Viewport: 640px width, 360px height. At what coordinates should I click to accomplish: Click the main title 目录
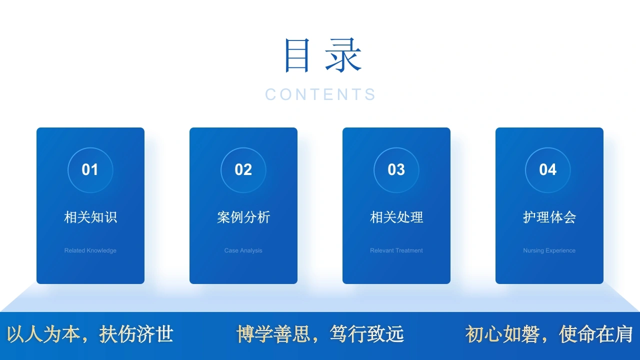click(x=323, y=55)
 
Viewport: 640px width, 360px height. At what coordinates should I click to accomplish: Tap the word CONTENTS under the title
click(x=320, y=94)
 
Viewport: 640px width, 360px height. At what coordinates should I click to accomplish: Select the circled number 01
click(x=90, y=169)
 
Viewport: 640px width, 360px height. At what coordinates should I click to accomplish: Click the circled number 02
click(x=243, y=169)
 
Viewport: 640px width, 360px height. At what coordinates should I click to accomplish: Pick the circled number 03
click(x=396, y=169)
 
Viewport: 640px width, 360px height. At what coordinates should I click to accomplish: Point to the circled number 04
click(x=547, y=169)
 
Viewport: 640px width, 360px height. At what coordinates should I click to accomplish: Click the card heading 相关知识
click(x=90, y=217)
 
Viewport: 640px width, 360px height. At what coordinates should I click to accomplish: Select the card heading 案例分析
click(x=243, y=217)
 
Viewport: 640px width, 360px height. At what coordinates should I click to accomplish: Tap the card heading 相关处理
click(x=396, y=217)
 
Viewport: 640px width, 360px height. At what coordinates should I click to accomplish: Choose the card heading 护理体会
click(x=549, y=217)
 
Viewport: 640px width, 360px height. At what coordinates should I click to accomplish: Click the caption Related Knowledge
click(x=90, y=250)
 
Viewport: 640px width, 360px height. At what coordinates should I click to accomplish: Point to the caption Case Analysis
click(x=243, y=250)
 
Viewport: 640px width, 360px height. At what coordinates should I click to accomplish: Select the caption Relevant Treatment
click(x=396, y=250)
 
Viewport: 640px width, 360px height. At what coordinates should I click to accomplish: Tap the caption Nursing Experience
click(x=549, y=250)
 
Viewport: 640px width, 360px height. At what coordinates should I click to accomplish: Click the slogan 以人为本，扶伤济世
click(x=90, y=334)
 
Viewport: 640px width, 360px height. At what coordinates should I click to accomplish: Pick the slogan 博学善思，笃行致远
click(x=320, y=334)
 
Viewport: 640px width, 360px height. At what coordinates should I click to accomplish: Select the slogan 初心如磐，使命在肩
click(x=549, y=334)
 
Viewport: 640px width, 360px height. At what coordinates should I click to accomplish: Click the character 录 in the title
click(x=343, y=55)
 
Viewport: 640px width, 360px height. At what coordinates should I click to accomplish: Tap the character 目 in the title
click(x=297, y=55)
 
